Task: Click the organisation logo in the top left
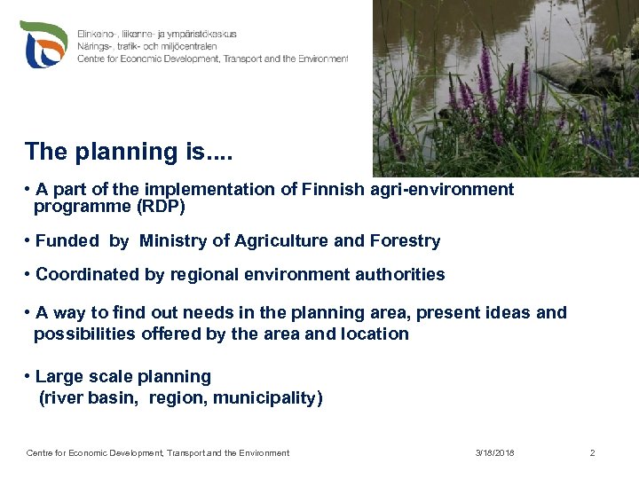(43, 44)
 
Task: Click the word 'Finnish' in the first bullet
(335, 189)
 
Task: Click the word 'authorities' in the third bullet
(399, 275)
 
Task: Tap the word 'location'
(375, 334)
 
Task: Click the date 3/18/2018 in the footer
(494, 453)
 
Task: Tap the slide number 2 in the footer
(592, 453)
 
